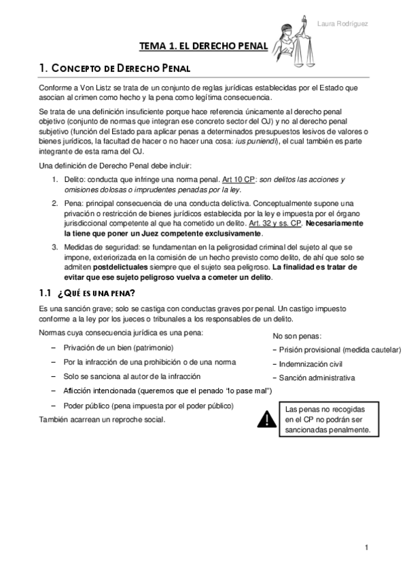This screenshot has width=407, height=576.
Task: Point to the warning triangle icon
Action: point(266,420)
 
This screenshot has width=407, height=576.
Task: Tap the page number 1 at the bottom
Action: point(366,548)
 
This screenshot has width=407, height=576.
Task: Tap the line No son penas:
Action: point(297,336)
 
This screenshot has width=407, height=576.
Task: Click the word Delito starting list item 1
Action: point(76,179)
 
